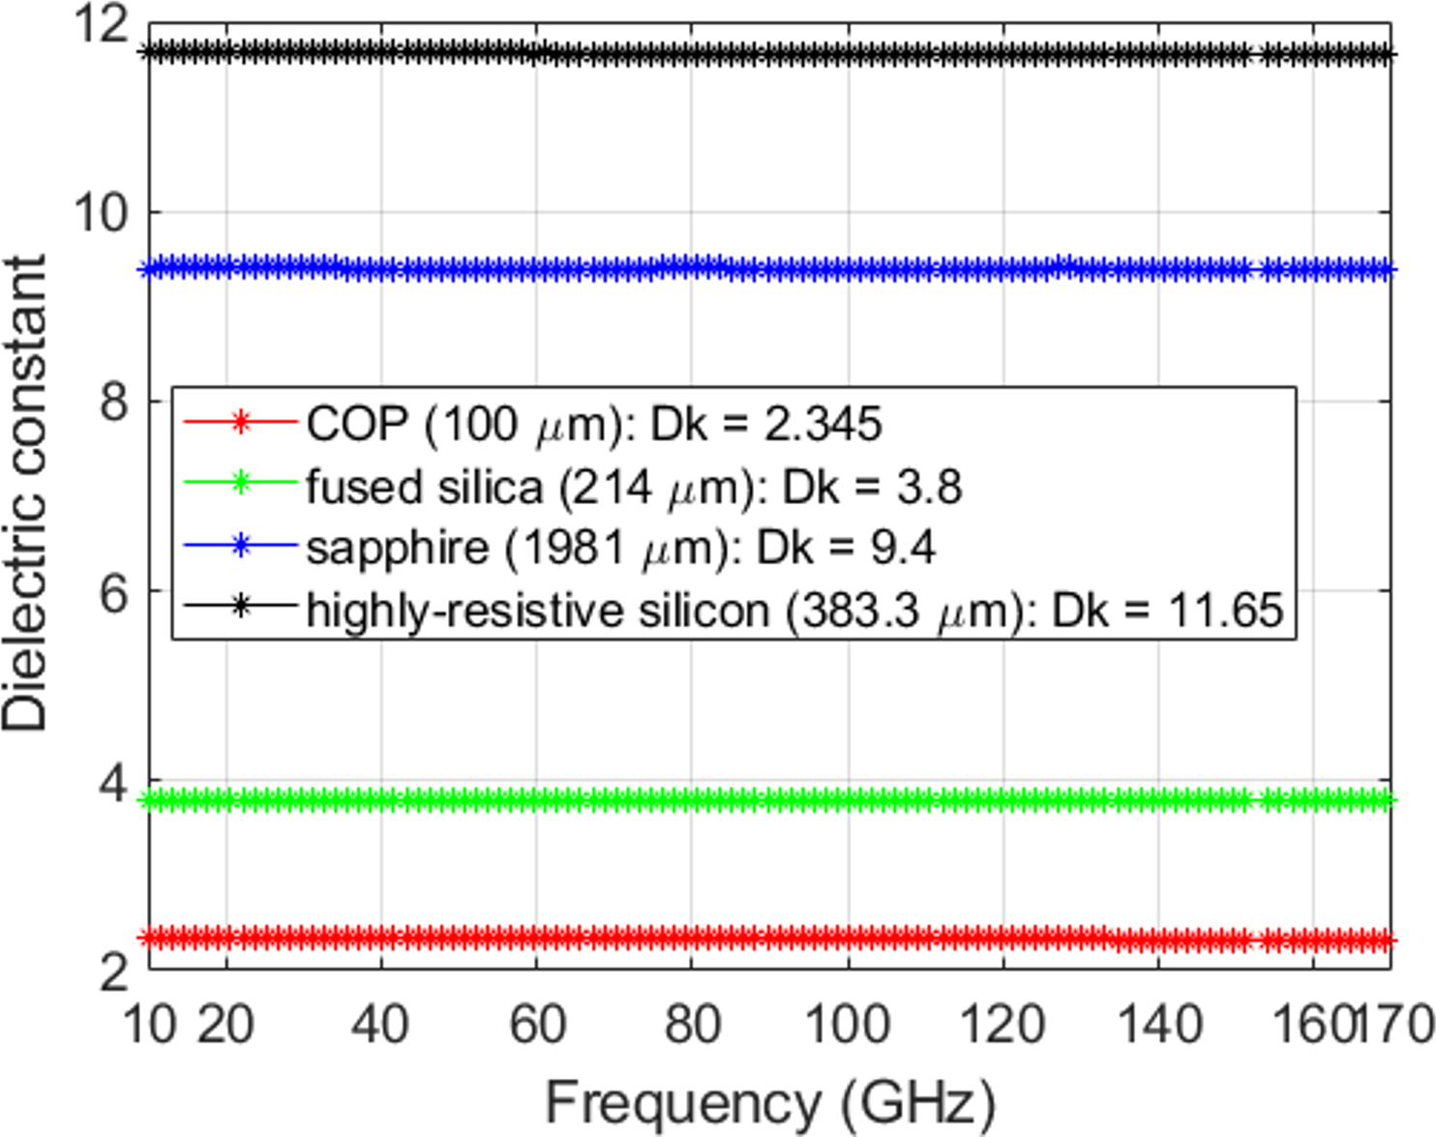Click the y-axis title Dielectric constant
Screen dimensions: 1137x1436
pos(25,494)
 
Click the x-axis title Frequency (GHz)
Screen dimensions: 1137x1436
pos(770,1102)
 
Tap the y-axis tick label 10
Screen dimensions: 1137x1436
pos(102,212)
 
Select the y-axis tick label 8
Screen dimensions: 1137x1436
pos(114,401)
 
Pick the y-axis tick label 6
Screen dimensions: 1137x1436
pos(114,591)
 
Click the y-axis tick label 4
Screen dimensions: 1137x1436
pos(114,782)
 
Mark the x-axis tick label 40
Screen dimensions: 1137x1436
pos(381,1024)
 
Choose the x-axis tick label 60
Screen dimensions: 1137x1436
pos(537,1024)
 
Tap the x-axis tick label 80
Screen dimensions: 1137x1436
pos(693,1024)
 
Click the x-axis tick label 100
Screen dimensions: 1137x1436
pos(848,1024)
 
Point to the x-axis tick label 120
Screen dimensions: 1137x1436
pos(1003,1024)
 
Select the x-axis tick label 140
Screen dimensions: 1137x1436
pos(1159,1024)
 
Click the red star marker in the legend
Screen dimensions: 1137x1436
pos(241,422)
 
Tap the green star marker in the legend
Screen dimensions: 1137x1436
pos(241,483)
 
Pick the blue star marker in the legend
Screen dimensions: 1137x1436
pos(241,546)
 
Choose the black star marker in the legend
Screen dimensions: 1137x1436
pos(241,608)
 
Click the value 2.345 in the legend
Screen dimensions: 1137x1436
pos(823,425)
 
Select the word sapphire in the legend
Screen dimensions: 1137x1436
pos(397,549)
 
